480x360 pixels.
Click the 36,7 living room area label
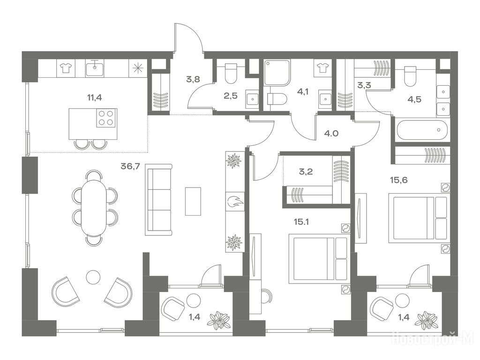(130, 166)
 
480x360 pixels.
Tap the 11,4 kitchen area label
(95, 97)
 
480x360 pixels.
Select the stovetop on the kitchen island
(106, 118)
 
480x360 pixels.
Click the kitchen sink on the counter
(95, 67)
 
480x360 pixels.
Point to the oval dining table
(94, 208)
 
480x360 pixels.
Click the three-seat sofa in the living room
(158, 200)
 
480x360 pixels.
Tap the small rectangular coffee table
(193, 202)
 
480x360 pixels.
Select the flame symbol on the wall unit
(235, 202)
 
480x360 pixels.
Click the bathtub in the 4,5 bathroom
(422, 130)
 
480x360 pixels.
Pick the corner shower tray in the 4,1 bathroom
(277, 72)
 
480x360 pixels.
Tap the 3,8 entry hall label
(193, 79)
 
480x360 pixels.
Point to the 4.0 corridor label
(331, 134)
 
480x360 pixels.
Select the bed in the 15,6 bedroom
(419, 218)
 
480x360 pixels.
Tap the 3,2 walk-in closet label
(306, 172)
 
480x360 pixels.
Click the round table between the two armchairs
(93, 277)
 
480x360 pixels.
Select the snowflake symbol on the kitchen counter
(138, 68)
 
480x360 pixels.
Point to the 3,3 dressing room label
(364, 85)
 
